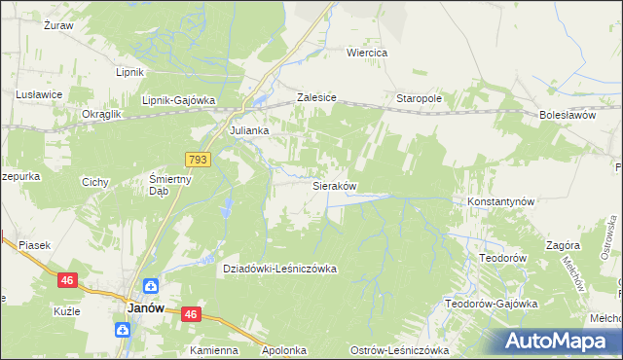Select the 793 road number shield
[x=199, y=159]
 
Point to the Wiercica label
[x=367, y=53]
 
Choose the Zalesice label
[x=316, y=99]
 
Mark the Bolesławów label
[x=567, y=115]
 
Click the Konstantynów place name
[x=501, y=201]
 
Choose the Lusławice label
[x=39, y=94]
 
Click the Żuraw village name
[x=59, y=25]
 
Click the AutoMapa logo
[x=558, y=342]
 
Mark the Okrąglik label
[x=100, y=114]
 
